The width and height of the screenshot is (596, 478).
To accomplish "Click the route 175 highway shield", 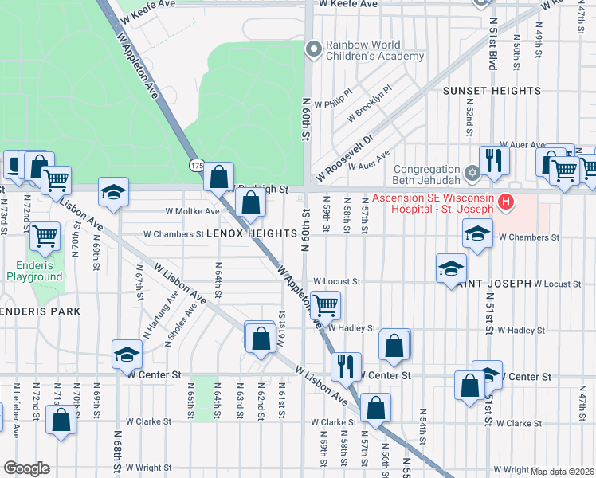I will pos(197,165).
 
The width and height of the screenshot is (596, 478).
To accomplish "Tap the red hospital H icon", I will pos(504,203).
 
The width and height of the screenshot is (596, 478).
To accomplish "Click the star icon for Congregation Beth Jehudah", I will pos(471,173).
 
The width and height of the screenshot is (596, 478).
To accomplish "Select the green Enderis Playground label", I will pos(34,271).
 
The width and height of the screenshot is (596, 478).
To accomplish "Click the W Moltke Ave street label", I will pos(192,212).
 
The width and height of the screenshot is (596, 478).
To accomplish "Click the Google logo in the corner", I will pos(26,468).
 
